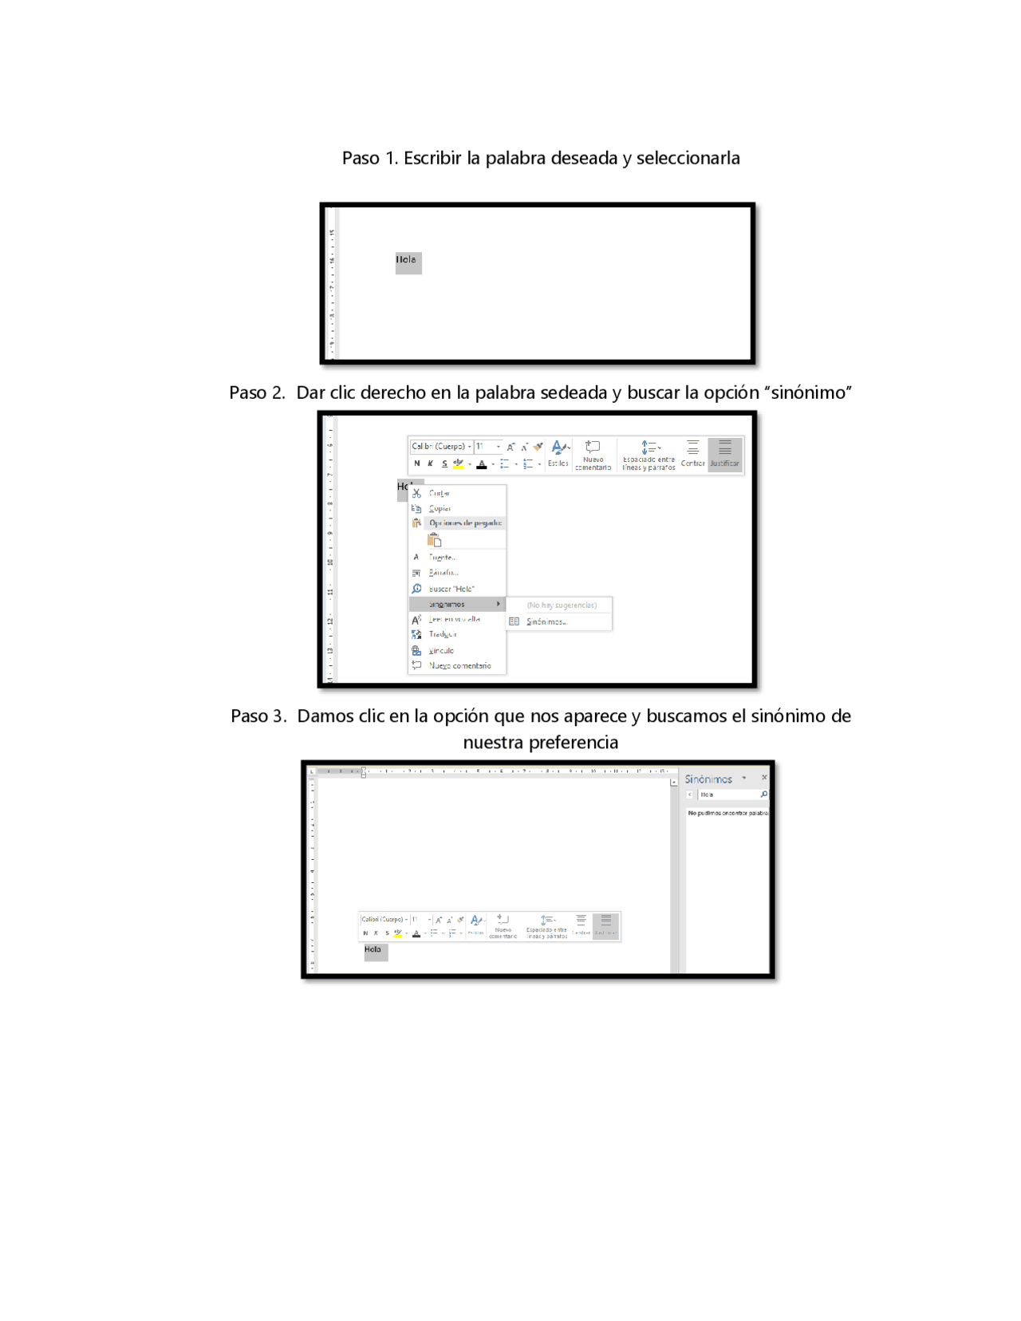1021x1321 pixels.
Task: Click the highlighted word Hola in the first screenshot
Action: pyautogui.click(x=408, y=262)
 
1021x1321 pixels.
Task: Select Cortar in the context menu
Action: pyautogui.click(x=440, y=494)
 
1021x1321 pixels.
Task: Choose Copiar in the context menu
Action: pyautogui.click(x=440, y=509)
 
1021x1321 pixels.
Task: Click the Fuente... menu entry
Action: pyautogui.click(x=443, y=558)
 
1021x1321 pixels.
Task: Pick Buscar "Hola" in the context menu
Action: pyautogui.click(x=451, y=589)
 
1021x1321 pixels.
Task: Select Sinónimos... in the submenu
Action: pyautogui.click(x=547, y=621)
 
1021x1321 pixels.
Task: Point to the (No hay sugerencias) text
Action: pyautogui.click(x=562, y=605)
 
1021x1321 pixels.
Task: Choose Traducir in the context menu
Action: pyautogui.click(x=443, y=634)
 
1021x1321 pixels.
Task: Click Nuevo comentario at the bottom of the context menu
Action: pyautogui.click(x=459, y=665)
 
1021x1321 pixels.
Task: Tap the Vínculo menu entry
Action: pyautogui.click(x=441, y=651)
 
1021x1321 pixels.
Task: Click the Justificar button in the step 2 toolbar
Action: pyautogui.click(x=724, y=454)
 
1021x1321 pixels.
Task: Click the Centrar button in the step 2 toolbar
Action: pyautogui.click(x=692, y=454)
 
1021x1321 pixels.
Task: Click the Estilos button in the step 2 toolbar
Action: pyautogui.click(x=558, y=454)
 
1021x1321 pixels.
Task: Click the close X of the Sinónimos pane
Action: pyautogui.click(x=764, y=778)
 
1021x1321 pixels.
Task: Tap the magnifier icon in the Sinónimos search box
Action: pyautogui.click(x=763, y=795)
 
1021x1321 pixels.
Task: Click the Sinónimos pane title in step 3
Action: pyautogui.click(x=708, y=779)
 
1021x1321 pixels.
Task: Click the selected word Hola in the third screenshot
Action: pyautogui.click(x=374, y=951)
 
